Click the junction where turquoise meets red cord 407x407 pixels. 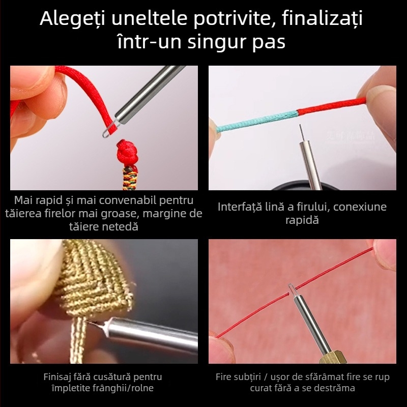tap(297, 112)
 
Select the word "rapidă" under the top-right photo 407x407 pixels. tap(302, 221)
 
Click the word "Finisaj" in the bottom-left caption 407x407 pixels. tap(60, 377)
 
